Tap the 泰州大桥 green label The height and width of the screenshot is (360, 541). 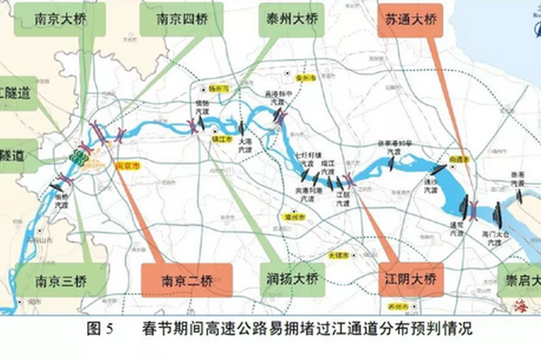point(288,22)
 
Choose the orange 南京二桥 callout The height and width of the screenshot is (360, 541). point(178,279)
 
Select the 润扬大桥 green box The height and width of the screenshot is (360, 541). point(289,278)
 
